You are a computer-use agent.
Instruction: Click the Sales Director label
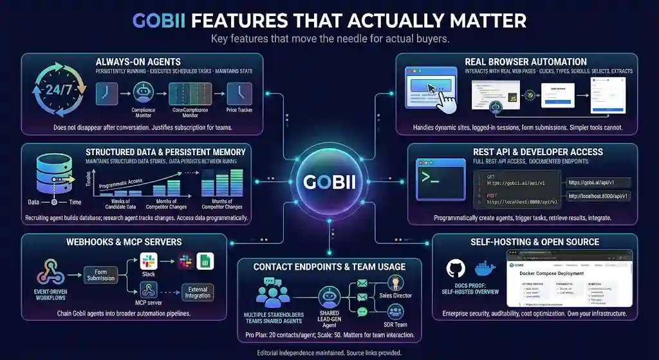click(395, 296)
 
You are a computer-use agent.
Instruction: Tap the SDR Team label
click(395, 324)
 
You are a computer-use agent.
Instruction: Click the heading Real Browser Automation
click(525, 61)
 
